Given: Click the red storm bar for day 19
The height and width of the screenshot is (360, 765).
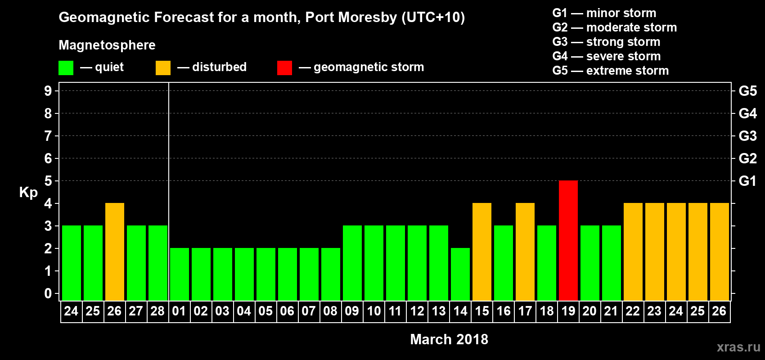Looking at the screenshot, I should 568,240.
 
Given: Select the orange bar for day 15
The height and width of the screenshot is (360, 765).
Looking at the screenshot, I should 481,252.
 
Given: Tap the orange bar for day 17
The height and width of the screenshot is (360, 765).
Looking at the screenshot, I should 525,252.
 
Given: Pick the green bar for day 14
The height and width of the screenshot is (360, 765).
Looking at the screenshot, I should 460,274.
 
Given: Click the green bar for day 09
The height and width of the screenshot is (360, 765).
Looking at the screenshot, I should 352,263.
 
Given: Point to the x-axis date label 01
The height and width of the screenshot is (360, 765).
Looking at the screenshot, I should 179,311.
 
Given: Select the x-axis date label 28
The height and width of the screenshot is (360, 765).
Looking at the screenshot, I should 157,311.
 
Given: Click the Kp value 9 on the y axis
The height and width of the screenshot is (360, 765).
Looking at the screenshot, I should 48,91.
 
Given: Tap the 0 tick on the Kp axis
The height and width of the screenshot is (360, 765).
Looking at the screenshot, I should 48,293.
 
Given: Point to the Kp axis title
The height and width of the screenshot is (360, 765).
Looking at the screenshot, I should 28,192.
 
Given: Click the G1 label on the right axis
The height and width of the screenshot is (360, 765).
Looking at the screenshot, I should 747,181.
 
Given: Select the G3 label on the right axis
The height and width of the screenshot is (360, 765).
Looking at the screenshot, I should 747,136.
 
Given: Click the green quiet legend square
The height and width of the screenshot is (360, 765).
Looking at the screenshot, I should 66,68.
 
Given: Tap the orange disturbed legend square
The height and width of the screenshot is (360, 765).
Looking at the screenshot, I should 163,68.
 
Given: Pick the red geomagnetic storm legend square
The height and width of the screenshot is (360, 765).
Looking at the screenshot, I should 284,68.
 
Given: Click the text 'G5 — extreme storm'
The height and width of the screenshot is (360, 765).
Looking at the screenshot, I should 610,71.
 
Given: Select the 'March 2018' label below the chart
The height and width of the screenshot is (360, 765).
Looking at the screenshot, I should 449,339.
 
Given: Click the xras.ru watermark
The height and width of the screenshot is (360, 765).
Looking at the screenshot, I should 738,347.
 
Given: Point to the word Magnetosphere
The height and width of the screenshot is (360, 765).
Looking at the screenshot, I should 107,45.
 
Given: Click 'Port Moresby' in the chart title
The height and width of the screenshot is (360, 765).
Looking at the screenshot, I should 351,17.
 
